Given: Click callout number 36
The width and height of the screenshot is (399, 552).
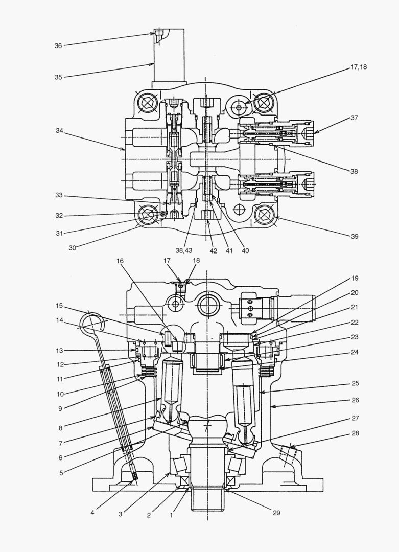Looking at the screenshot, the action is tap(58, 45).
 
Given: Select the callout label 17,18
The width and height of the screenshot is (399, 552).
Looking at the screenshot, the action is tap(359, 67).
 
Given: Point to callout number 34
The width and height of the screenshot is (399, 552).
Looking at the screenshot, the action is tap(59, 131).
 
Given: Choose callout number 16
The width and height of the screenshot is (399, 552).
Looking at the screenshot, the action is tap(121, 261).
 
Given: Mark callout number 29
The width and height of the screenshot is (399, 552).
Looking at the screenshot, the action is tap(276, 513).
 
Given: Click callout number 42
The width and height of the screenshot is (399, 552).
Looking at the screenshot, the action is tap(213, 251).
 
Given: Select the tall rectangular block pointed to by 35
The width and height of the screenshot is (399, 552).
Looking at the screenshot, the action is tap(169, 54).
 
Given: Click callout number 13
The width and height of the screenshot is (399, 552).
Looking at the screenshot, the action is tap(59, 350).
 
